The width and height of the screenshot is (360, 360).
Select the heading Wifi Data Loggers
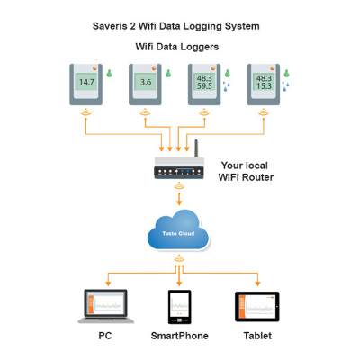click(176, 46)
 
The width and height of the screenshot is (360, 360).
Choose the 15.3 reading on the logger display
click(264, 88)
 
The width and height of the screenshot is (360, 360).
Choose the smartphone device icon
click(179, 307)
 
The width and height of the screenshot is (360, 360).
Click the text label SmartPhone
click(179, 337)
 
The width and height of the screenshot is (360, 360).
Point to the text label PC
click(104, 337)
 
